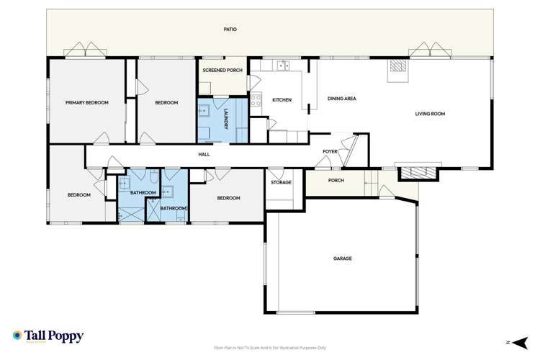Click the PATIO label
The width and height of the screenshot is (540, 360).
pos(230,30)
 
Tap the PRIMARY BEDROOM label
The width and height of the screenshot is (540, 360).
pos(86,103)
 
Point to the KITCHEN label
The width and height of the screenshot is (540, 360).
pos(282,100)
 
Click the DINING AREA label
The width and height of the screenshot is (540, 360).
pos(342,99)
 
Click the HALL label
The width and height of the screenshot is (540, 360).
pos(204,154)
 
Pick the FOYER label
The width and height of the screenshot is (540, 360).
pos(330,152)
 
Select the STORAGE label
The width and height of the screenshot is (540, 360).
pos(281,182)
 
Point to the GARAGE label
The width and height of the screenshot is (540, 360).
pos(342,258)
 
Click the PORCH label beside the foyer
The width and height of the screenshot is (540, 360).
pos(336,181)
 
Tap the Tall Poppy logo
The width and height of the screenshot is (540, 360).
pos(48,336)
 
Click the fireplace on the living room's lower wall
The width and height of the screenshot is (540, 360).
pos(418,172)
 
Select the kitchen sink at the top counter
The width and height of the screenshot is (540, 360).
pos(284,66)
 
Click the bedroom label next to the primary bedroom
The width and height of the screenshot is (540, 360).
pos(166,103)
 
